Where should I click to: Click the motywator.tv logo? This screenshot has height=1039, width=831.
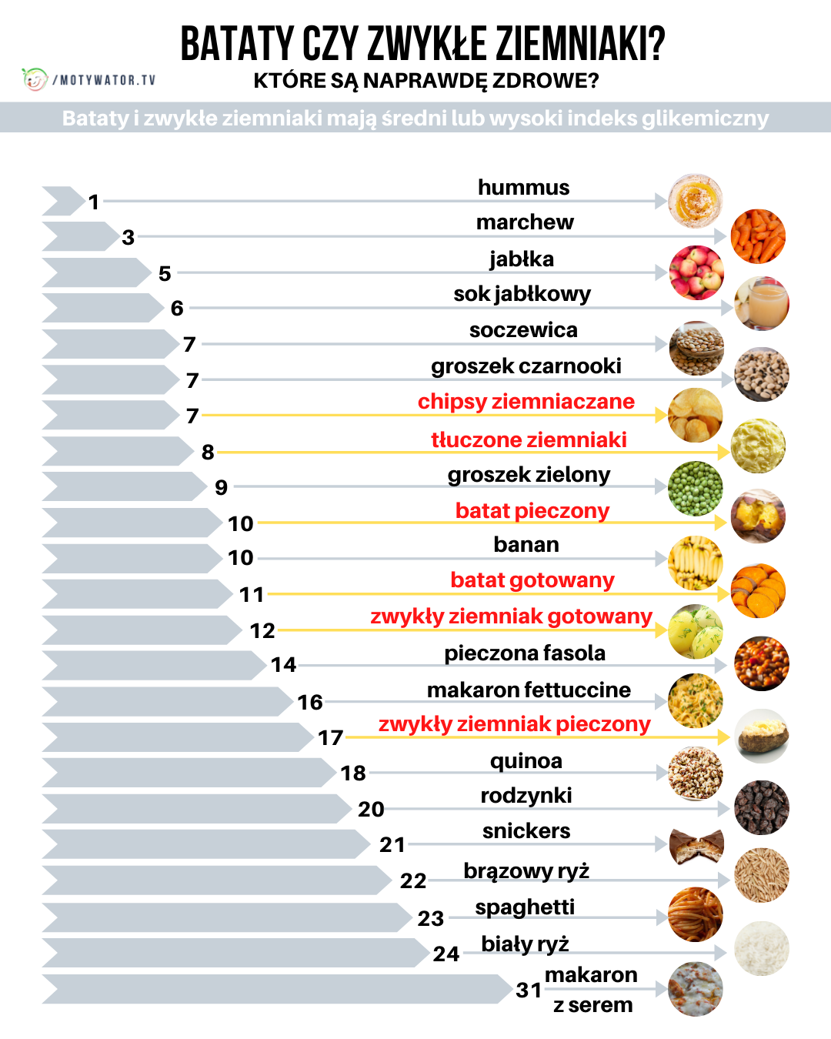point(88,79)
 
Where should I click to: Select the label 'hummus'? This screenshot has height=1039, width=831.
point(523,188)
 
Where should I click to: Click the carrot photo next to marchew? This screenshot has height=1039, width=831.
point(758,236)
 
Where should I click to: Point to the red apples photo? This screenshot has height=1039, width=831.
point(696,272)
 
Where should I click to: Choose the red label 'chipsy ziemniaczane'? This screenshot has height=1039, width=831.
point(526,402)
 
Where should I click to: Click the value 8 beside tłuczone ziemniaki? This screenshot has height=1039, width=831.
point(208,452)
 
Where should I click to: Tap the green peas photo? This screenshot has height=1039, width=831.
point(696,488)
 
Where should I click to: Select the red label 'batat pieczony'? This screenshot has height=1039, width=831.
point(532,511)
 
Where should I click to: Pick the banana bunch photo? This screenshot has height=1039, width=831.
point(696,563)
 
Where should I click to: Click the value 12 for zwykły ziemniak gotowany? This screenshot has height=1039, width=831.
point(262,631)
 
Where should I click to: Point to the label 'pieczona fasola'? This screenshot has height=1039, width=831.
point(525,653)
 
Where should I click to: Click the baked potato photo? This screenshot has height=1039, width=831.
point(762,737)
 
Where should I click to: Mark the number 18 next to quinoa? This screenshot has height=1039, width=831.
point(353,773)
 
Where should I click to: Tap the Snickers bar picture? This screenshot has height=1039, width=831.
point(696,845)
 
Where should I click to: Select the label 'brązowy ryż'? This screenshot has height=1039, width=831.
point(526,870)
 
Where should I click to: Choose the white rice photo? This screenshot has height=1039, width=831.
point(762,949)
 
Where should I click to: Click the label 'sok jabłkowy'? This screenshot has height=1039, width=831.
point(522,294)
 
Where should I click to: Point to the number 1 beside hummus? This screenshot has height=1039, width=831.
point(94,202)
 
